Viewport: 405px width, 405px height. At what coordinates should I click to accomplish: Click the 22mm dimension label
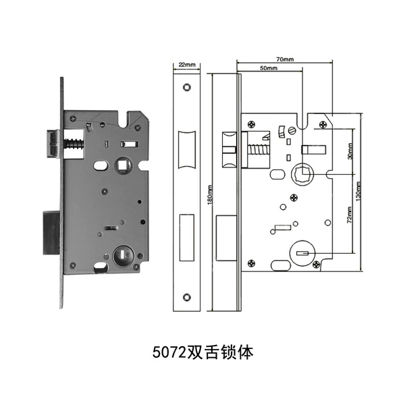[x=187, y=65]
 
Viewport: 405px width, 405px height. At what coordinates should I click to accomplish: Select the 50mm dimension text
[x=269, y=68]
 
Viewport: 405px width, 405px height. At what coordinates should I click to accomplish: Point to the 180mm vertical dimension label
[x=210, y=195]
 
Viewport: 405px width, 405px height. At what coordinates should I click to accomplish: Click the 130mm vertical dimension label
[x=358, y=192]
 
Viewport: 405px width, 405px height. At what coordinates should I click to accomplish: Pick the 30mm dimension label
[x=350, y=151]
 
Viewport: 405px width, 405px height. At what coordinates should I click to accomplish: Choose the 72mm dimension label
[x=350, y=215]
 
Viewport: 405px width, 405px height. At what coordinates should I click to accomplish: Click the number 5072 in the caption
[x=169, y=352]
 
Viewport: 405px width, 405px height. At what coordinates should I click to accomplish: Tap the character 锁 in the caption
[x=226, y=352]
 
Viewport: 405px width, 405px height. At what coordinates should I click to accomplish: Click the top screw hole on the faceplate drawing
[x=186, y=87]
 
